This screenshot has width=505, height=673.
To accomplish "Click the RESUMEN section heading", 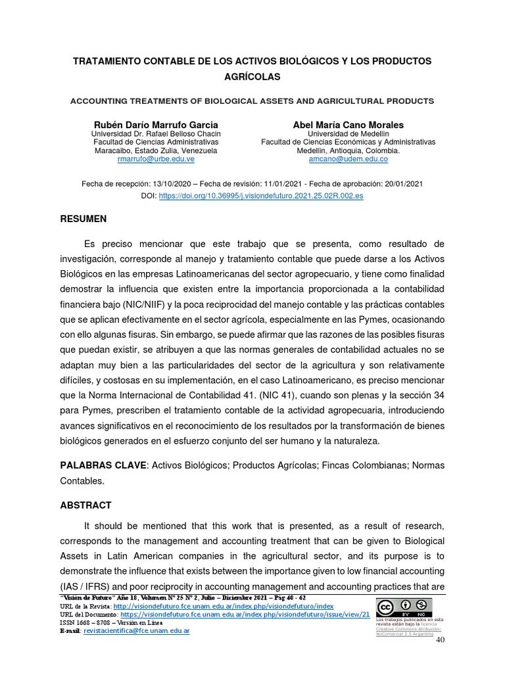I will point(84,218).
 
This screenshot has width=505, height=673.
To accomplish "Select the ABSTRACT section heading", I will point(85,505).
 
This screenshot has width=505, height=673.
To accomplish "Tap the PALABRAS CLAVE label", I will point(103,465).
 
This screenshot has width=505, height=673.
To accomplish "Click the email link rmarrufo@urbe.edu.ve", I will point(155,159).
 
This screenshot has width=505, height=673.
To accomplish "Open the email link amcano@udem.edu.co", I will point(348,159).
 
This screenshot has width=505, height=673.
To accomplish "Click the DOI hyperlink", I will point(260,196).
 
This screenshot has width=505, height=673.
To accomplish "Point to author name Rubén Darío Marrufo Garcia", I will point(155,124).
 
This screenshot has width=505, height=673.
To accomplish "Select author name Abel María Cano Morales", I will point(348,124).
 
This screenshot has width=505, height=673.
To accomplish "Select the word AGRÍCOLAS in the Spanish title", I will point(252,77).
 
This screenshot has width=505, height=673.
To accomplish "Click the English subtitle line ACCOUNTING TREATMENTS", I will point(252,101).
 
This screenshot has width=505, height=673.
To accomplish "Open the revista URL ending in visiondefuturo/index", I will point(224,606).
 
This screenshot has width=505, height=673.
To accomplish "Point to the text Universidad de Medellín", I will point(348,133).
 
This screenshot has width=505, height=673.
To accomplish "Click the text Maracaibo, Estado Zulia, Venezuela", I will point(155,151).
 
